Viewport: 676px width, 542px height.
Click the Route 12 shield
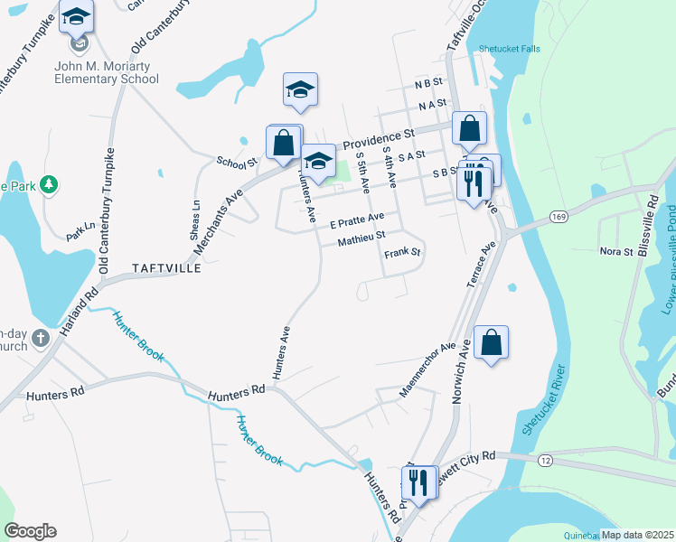545,461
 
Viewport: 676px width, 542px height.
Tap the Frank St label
403,254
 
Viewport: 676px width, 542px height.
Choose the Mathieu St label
361,239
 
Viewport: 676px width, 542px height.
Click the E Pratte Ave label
357,220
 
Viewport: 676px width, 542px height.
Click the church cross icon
40,339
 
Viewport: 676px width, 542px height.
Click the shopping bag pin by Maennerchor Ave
491,342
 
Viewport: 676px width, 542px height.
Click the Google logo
30,531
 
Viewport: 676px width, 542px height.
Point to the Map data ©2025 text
638,535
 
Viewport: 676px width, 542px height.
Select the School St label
237,161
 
